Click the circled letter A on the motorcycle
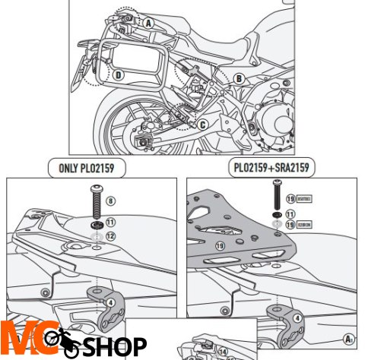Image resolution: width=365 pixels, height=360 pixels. (x=149, y=23)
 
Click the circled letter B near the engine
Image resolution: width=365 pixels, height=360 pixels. (x=238, y=77)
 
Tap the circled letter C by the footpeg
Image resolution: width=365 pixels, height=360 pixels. (x=202, y=124)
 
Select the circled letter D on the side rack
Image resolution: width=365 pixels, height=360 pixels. (x=119, y=74)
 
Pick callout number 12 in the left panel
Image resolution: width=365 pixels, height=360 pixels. (x=110, y=236)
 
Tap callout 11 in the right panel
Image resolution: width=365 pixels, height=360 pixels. (x=290, y=215)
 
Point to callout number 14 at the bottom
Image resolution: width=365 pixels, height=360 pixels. (x=224, y=351)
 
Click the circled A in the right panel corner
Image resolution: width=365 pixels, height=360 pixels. (x=349, y=339)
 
